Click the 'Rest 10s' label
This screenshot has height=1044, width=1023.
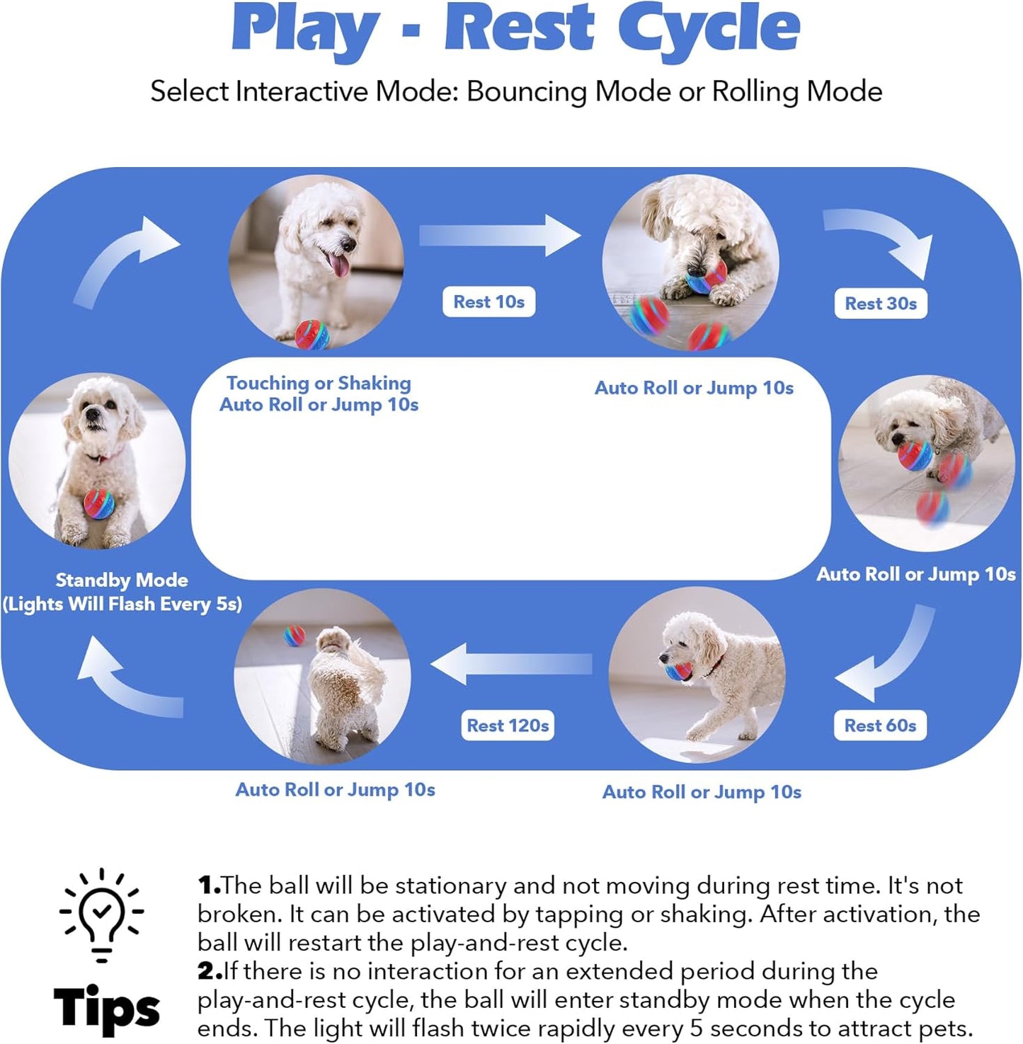(x=488, y=302)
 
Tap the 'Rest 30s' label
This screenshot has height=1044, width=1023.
(x=880, y=304)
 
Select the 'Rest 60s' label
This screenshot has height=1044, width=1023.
(x=880, y=725)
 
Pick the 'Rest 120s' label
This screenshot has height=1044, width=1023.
(x=508, y=725)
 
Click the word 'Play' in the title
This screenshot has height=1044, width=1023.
(x=306, y=30)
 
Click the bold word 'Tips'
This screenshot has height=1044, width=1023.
(x=107, y=1007)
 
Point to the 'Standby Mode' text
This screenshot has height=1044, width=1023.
(x=122, y=580)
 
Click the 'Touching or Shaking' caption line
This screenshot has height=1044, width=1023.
(x=319, y=383)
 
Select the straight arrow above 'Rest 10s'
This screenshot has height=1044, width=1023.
(x=499, y=236)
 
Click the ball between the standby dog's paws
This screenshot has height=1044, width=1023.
(x=98, y=503)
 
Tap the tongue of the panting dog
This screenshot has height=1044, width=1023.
(x=340, y=265)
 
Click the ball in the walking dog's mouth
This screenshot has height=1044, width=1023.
(x=678, y=670)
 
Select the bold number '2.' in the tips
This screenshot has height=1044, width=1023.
(x=210, y=971)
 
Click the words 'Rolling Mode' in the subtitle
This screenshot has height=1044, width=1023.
(x=796, y=91)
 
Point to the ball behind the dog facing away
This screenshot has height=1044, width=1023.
(x=294, y=635)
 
